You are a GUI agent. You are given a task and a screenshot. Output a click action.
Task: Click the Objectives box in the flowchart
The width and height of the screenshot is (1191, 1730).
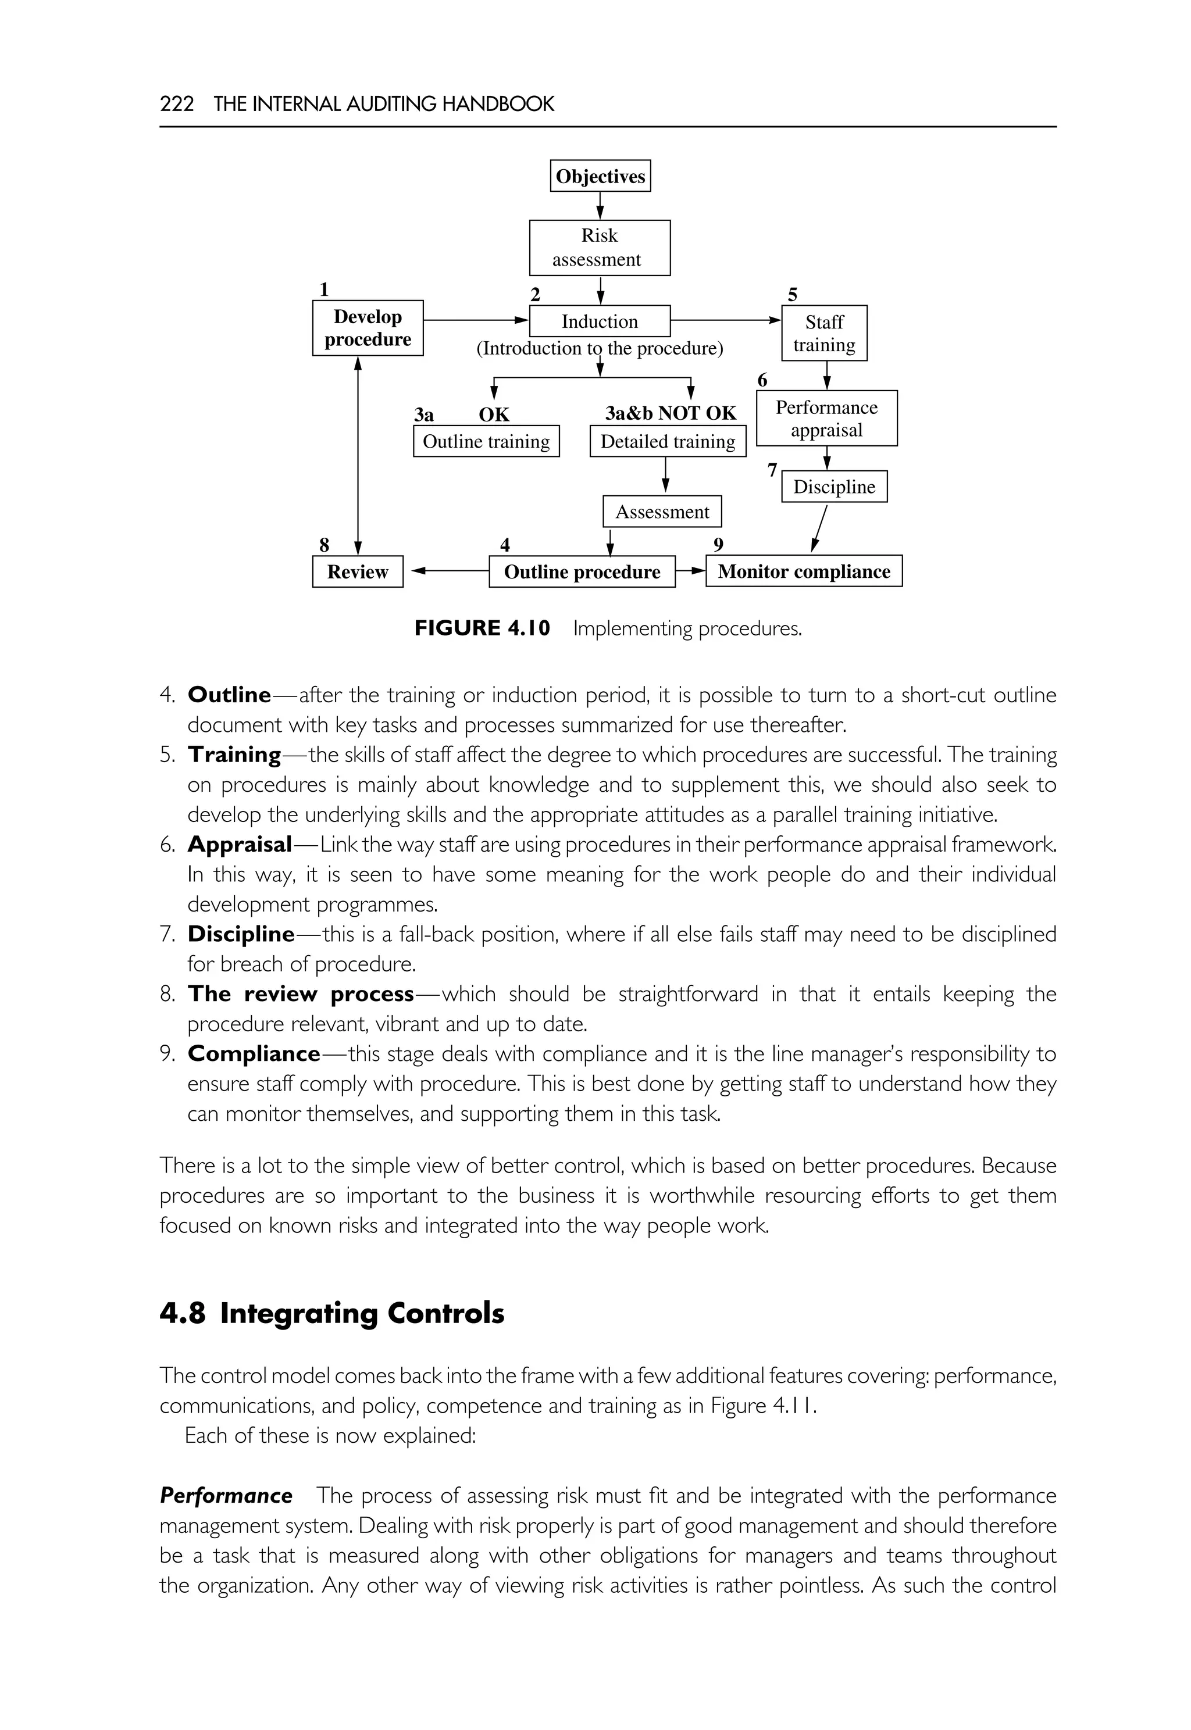pos(600,176)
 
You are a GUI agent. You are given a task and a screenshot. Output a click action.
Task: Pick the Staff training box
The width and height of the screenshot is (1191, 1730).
pos(824,334)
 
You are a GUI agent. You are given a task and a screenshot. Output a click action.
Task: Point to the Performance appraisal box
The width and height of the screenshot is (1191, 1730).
pos(826,419)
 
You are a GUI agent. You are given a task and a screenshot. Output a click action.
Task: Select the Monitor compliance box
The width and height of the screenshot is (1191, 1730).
pos(804,571)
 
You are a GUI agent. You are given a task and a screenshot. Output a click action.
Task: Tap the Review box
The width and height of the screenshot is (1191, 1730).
pos(358,572)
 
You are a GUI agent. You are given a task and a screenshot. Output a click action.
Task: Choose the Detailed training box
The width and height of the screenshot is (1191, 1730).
pos(667,442)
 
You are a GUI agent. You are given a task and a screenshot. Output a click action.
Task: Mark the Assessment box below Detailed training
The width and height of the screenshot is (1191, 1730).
pos(662,512)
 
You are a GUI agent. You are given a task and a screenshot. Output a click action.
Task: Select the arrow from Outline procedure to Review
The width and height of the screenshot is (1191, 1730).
pos(448,571)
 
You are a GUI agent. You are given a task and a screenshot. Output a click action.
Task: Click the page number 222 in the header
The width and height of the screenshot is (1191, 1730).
pos(177,103)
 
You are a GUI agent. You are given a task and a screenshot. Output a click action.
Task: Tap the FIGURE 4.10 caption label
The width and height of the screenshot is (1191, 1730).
pos(482,628)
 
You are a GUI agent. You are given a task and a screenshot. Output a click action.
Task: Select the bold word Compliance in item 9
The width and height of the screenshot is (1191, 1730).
pos(254,1054)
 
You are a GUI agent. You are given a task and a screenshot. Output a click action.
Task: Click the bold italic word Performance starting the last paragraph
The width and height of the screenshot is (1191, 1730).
pos(226,1496)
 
